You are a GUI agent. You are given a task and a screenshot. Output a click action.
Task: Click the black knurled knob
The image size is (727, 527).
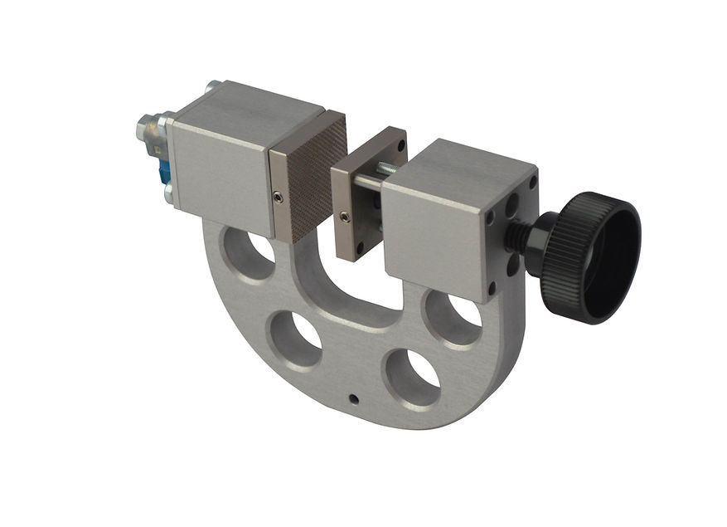pyautogui.click(x=590, y=256)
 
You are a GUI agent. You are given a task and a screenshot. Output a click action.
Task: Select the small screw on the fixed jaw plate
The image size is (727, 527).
pyautogui.click(x=278, y=196)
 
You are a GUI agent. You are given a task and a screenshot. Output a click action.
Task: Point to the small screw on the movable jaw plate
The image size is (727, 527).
pyautogui.click(x=344, y=217)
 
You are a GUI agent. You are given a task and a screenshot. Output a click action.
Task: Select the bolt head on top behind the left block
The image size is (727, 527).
pyautogui.click(x=214, y=85)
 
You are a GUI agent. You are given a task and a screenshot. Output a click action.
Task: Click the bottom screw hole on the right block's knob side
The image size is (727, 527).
pyautogui.click(x=492, y=286)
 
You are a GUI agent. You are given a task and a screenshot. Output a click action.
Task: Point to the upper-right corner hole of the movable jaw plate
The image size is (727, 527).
pyautogui.click(x=401, y=147)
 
